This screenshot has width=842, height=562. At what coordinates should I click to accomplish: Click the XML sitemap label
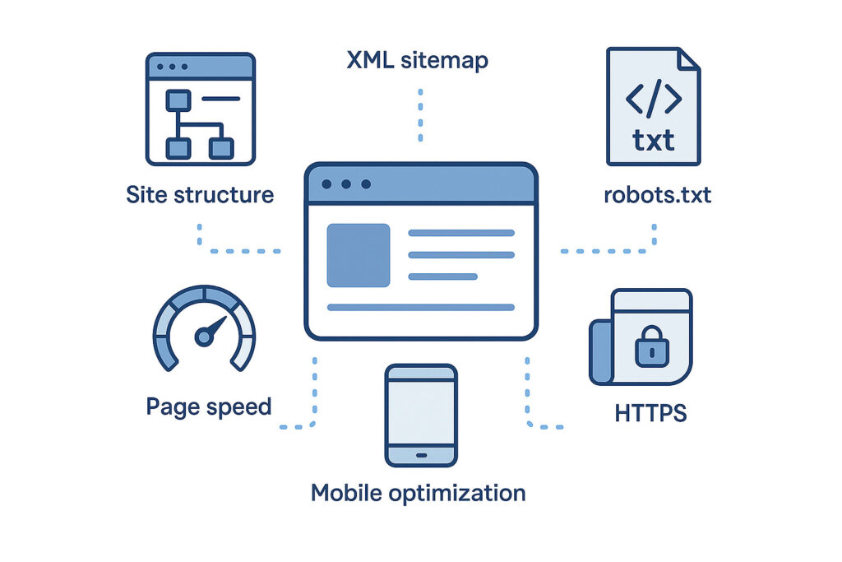418,60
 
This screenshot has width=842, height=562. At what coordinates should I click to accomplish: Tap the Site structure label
200,195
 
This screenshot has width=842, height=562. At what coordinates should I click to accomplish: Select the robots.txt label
656,196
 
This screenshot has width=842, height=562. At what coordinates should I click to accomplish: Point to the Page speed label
209,406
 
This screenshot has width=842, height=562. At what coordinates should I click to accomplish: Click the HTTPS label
650,412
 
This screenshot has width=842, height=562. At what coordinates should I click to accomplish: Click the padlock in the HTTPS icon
652,348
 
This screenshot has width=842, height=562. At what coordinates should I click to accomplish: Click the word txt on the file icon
654,139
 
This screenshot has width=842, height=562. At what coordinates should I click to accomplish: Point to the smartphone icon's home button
421,454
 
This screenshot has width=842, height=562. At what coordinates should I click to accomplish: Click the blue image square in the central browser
359,255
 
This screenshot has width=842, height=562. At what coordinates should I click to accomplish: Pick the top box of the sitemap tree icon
178,100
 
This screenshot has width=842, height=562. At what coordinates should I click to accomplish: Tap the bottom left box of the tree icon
178,148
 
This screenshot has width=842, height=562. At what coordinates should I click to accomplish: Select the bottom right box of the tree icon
220,148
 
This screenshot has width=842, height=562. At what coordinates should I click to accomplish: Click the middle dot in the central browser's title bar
346,184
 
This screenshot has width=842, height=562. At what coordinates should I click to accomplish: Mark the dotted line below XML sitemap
420,115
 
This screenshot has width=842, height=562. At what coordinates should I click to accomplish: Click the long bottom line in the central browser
420,308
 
